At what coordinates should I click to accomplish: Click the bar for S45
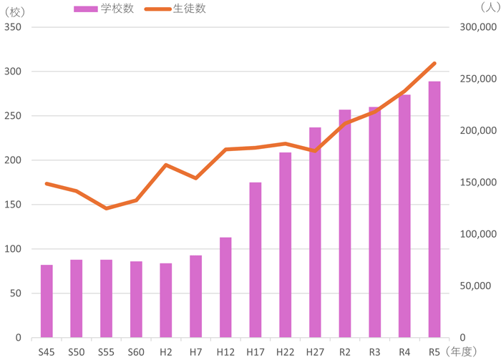pos(47,301)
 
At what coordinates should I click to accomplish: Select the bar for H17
pos(256,260)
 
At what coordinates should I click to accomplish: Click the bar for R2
pos(345,223)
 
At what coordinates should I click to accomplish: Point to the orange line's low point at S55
pos(107,208)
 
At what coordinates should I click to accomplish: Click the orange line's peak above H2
pos(166,165)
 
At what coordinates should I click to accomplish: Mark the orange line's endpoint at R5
pos(434,63)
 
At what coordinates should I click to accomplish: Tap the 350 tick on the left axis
pos(13,27)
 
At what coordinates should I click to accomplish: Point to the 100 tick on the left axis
pos(13,249)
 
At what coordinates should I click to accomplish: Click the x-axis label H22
pos(286,351)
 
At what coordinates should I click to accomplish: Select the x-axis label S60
pos(136,351)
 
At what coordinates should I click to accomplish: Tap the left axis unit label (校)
pos(16,9)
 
